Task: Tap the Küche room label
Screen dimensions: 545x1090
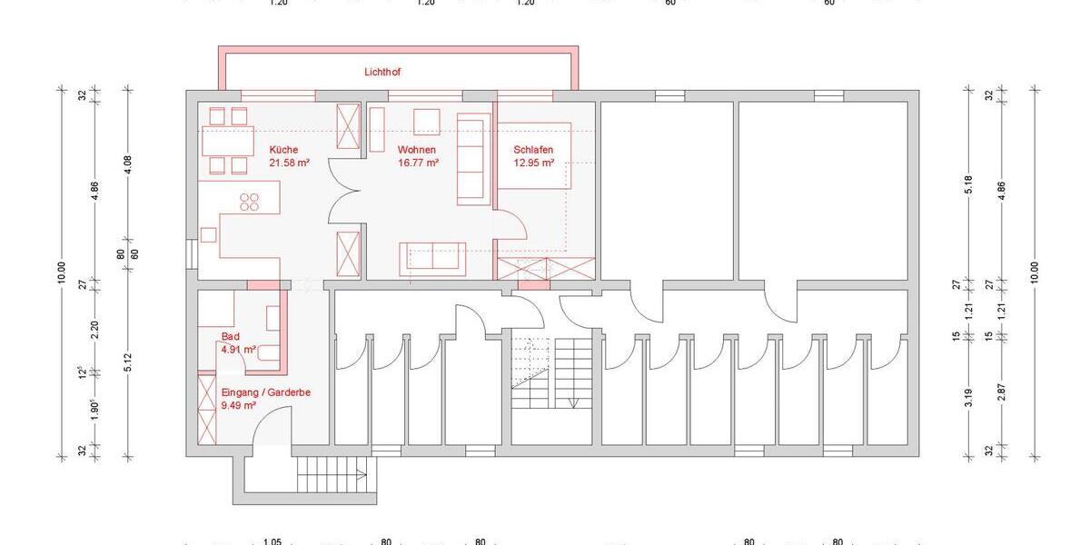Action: (283, 150)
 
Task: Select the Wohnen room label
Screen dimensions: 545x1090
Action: (417, 150)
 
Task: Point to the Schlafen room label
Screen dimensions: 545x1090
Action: (533, 150)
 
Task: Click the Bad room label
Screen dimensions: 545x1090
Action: (231, 336)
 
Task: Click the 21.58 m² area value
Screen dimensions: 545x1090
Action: (290, 163)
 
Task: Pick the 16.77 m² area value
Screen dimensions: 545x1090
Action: (419, 163)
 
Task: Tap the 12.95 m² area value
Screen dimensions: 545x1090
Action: (533, 163)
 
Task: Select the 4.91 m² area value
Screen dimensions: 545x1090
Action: (239, 349)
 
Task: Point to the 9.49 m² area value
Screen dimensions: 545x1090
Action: (239, 405)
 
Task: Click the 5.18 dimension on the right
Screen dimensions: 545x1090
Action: (970, 185)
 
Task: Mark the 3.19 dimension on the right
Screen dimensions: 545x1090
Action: (970, 395)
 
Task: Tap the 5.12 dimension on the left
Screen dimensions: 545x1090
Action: (128, 362)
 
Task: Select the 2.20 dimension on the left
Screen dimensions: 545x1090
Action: (95, 331)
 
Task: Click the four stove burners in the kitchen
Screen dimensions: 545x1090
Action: (249, 202)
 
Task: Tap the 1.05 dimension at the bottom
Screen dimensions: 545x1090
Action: (272, 542)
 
